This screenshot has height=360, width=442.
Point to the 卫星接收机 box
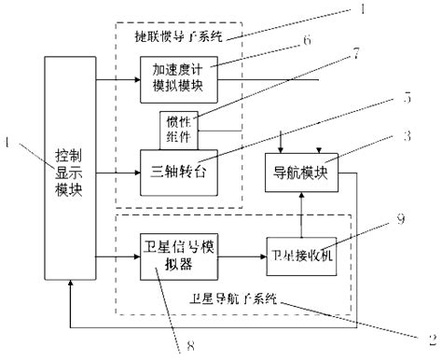(298, 254)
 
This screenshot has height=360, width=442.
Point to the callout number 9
(400, 219)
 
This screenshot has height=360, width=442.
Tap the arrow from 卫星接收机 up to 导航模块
(298, 211)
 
